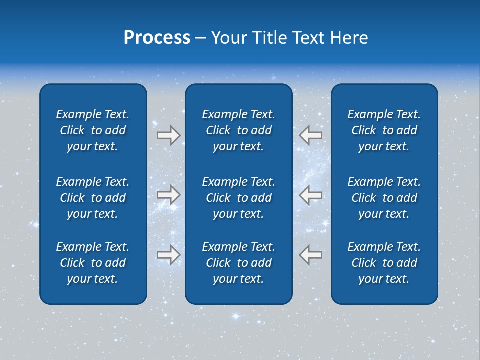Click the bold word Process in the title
(157, 38)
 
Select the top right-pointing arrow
(168, 135)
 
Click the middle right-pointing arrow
(168, 195)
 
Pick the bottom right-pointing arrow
(168, 254)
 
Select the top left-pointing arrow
(310, 135)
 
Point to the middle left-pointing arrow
(310, 195)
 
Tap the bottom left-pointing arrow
(310, 254)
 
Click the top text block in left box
(93, 130)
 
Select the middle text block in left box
(93, 198)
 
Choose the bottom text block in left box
(93, 263)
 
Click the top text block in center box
(238, 130)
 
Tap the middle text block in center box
(238, 198)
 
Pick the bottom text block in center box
(238, 263)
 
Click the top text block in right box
(384, 130)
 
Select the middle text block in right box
(384, 198)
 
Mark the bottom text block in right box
(384, 263)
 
